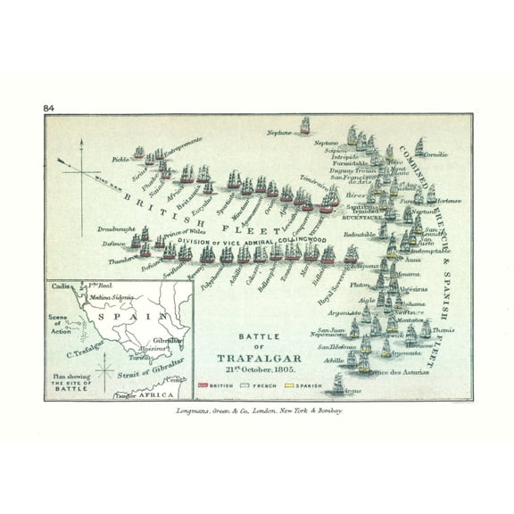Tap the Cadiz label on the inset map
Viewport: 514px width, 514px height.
62,286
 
